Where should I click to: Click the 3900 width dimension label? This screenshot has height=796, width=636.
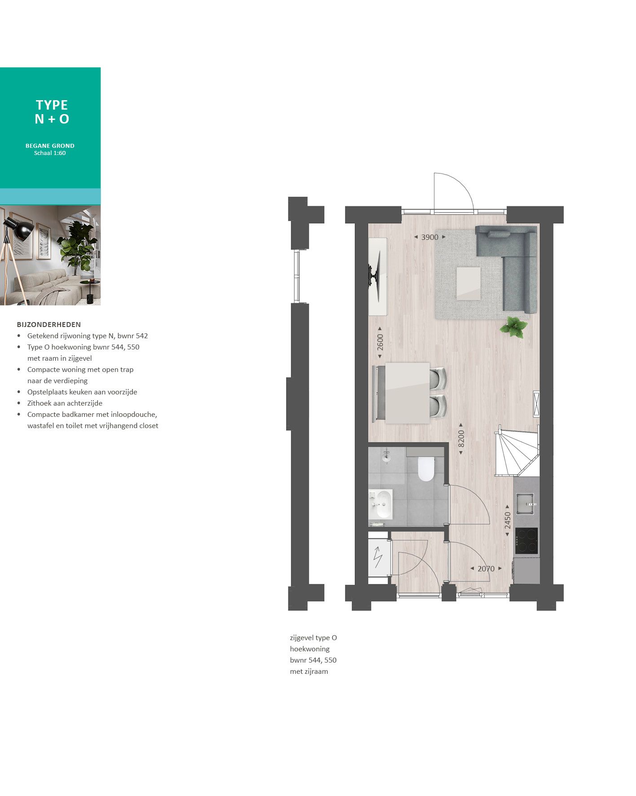click(x=430, y=237)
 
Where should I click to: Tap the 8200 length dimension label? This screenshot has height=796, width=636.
click(x=461, y=438)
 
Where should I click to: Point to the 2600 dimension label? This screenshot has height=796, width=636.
click(x=380, y=342)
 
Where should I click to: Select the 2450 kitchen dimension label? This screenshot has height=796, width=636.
click(x=508, y=520)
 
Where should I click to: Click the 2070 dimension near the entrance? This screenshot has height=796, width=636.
click(x=486, y=569)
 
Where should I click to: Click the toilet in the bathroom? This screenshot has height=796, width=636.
click(x=426, y=469)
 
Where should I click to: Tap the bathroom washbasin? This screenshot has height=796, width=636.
click(x=382, y=504)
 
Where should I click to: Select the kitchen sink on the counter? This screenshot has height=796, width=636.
click(x=525, y=503)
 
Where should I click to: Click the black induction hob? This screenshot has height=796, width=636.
click(x=526, y=541)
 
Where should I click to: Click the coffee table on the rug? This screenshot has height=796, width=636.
click(x=468, y=283)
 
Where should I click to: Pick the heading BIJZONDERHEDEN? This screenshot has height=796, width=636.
click(x=49, y=324)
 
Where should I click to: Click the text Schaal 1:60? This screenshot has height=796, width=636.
click(x=50, y=153)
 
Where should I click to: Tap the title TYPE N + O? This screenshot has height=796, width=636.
click(x=52, y=112)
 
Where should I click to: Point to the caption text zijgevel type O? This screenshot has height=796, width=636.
click(x=313, y=638)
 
